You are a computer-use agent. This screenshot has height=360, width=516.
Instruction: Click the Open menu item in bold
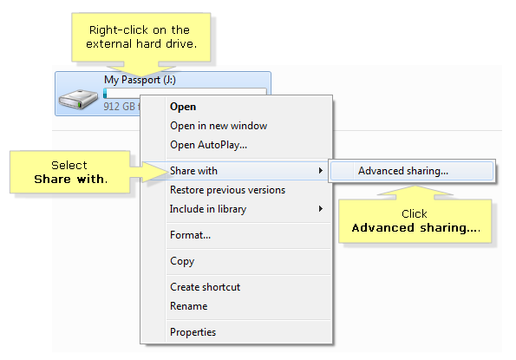[x=183, y=107]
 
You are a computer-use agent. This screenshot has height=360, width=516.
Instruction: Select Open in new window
[x=219, y=126]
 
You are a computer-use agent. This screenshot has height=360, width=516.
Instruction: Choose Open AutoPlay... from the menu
[x=208, y=145]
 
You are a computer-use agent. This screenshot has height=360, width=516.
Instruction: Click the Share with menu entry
[x=193, y=171]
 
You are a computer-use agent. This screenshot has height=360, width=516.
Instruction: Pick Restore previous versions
[x=227, y=190]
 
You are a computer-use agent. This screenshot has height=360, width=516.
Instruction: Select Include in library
[x=208, y=209]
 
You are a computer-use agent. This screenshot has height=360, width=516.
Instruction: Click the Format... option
[x=190, y=235]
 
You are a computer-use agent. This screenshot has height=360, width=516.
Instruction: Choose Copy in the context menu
[x=182, y=261]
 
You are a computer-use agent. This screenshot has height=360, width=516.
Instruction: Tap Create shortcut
[x=205, y=287]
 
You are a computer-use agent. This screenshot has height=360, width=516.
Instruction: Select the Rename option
[x=188, y=306]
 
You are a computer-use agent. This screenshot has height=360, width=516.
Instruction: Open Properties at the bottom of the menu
[x=193, y=332]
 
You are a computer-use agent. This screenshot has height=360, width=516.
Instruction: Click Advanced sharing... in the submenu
[x=403, y=171]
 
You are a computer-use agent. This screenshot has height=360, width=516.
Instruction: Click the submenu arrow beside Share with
[x=321, y=170]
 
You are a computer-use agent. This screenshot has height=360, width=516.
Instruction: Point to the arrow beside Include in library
[x=321, y=209]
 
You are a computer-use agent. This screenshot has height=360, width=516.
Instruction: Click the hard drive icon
[x=78, y=100]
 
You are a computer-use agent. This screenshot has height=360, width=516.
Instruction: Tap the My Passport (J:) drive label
[x=140, y=80]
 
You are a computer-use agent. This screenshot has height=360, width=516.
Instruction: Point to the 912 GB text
[x=119, y=107]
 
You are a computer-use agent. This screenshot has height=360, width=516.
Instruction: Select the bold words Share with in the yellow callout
[x=70, y=179]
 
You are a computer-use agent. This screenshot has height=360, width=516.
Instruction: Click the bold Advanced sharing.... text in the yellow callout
[x=416, y=228]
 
